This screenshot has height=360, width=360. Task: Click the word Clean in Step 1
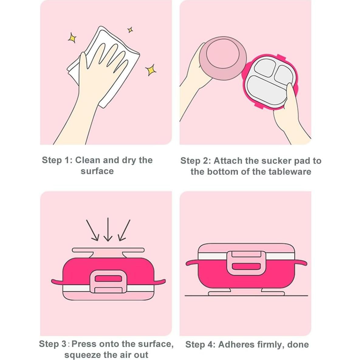[88, 160]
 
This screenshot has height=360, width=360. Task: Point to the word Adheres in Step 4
[236, 345]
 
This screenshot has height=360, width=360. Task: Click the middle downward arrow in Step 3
[108, 229]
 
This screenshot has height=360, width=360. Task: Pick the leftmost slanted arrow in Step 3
[93, 230]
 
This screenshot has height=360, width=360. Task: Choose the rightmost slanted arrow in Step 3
[124, 230]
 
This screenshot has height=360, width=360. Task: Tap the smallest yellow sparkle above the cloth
[130, 30]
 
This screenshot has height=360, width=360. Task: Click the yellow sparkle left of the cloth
[72, 38]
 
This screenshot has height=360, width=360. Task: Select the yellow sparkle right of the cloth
[151, 70]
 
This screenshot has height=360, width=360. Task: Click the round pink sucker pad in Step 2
[223, 58]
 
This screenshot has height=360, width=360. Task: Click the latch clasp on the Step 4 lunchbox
[246, 263]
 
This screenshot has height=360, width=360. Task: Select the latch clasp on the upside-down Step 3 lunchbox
[108, 282]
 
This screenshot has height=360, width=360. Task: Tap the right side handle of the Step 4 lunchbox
[301, 262]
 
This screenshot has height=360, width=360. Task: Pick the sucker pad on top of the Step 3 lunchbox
[108, 252]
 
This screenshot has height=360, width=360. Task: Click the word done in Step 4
[298, 345]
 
